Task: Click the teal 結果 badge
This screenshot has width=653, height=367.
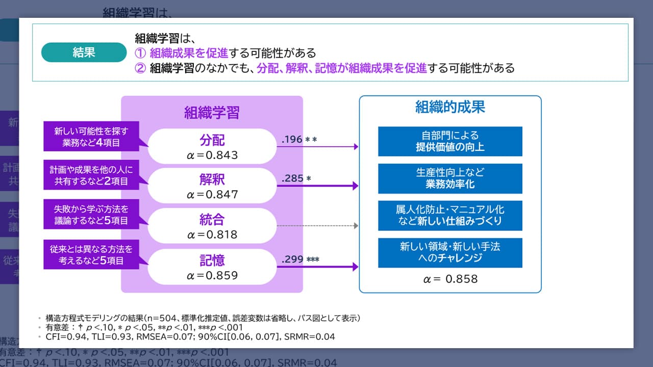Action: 84,53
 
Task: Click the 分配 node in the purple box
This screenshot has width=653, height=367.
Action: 212,146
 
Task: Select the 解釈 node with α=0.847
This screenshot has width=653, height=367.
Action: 212,186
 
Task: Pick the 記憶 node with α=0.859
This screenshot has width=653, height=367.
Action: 212,267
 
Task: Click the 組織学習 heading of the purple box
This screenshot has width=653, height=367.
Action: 212,113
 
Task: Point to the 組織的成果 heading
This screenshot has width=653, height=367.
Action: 450,107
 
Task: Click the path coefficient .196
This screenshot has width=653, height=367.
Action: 292,139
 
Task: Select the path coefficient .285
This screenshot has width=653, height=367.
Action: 292,178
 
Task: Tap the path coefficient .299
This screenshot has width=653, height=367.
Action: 292,259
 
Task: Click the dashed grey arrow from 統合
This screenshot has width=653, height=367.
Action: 317,225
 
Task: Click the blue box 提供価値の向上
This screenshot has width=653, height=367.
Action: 450,141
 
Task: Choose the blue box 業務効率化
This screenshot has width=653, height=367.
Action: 450,178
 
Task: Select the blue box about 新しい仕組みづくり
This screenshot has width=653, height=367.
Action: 450,216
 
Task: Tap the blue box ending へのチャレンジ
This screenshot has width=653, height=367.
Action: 450,253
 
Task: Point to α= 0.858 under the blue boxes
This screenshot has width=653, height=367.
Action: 450,279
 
